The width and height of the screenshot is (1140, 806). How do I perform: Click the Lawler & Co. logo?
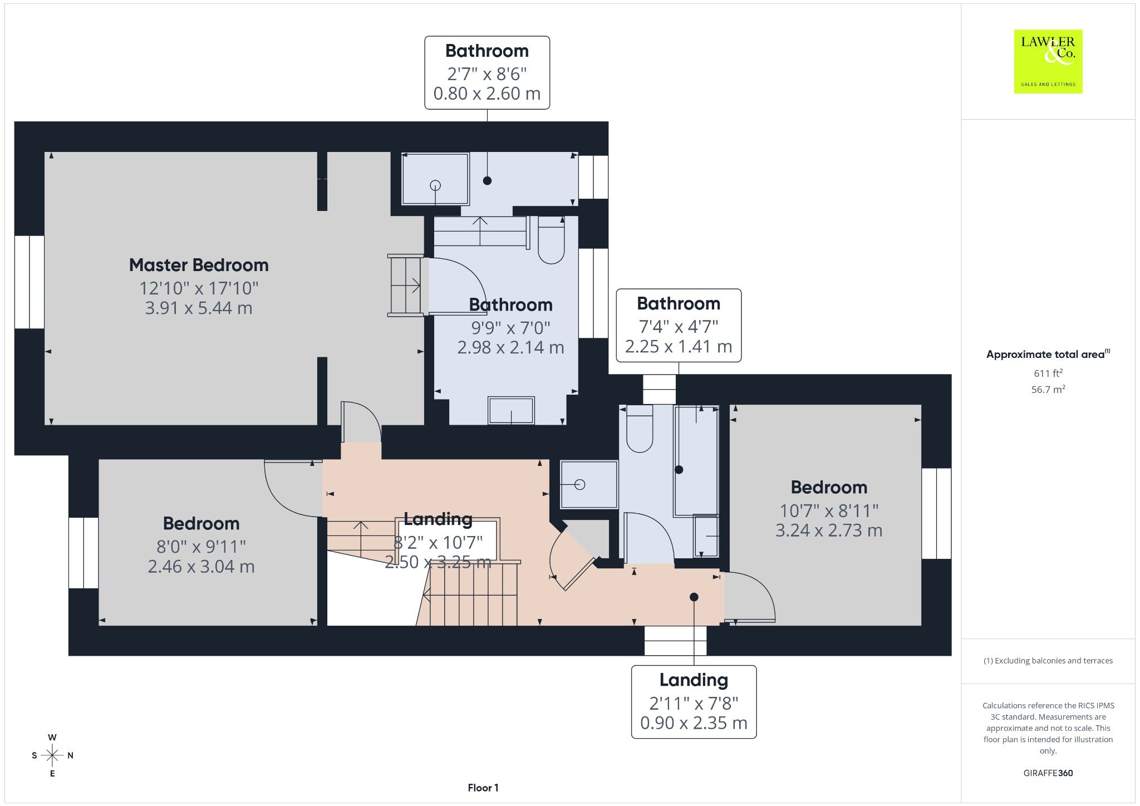(1048, 61)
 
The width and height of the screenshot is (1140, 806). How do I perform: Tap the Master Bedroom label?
(199, 265)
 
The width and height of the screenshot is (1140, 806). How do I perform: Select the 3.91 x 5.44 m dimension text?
(199, 308)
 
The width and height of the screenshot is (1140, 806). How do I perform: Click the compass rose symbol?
(52, 755)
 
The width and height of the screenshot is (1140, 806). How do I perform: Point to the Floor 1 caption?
(483, 788)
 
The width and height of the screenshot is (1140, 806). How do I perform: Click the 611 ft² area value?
(1048, 373)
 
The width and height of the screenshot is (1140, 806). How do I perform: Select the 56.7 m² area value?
(1048, 389)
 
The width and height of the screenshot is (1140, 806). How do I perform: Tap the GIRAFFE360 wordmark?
(1048, 773)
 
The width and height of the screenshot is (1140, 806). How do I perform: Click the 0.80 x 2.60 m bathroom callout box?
(487, 73)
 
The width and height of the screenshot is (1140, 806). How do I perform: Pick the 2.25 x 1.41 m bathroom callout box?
(679, 325)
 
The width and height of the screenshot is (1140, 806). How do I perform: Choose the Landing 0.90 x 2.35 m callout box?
(694, 702)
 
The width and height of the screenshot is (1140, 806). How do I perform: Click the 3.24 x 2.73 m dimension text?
(829, 530)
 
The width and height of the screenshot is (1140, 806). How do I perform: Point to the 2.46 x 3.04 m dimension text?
(201, 567)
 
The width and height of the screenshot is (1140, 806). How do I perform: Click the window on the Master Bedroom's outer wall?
(29, 282)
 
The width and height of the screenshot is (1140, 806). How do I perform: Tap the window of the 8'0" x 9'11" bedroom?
(83, 553)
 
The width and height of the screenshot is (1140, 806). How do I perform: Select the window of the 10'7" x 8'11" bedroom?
(936, 513)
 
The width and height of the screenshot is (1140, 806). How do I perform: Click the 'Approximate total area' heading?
(1048, 354)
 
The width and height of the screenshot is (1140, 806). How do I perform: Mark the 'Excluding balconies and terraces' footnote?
(1048, 661)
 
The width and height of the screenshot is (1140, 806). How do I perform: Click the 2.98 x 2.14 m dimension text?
(510, 347)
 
